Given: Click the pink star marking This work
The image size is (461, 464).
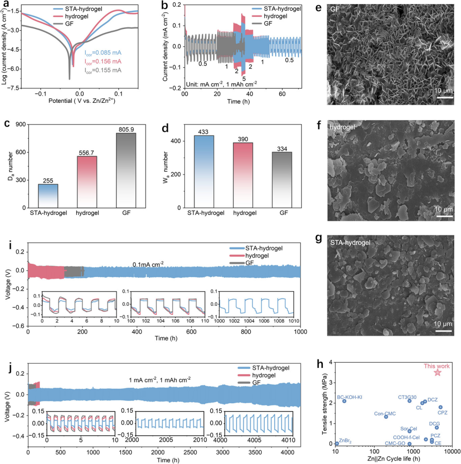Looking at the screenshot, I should (x=437, y=372).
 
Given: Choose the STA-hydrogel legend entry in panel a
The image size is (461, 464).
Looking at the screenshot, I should (x=75, y=8).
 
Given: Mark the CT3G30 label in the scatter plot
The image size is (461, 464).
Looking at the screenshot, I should (x=407, y=397).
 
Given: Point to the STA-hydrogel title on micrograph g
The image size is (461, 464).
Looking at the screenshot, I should (x=351, y=243).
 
